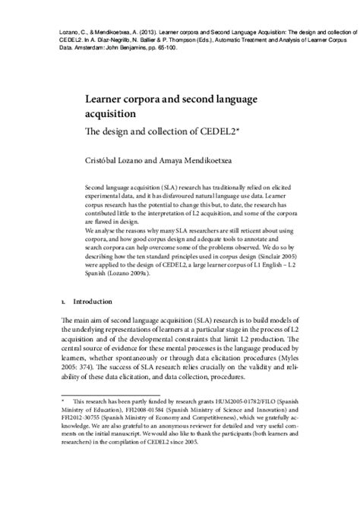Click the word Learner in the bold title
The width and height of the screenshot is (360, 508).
[x=112, y=99]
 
